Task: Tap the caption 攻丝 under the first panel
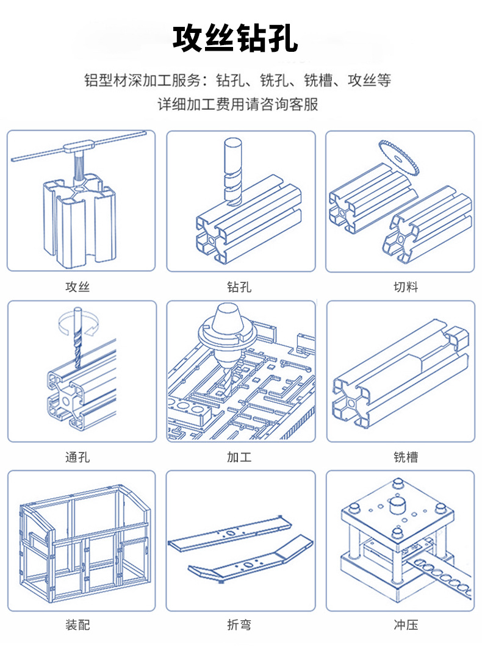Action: (x=77, y=287)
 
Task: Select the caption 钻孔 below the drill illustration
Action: (x=239, y=287)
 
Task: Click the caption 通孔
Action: (x=77, y=457)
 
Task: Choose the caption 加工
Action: (x=239, y=457)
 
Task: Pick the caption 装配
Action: (x=77, y=625)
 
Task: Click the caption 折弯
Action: (x=239, y=625)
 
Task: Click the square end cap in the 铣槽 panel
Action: (x=456, y=337)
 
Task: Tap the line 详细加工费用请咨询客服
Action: (x=238, y=104)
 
